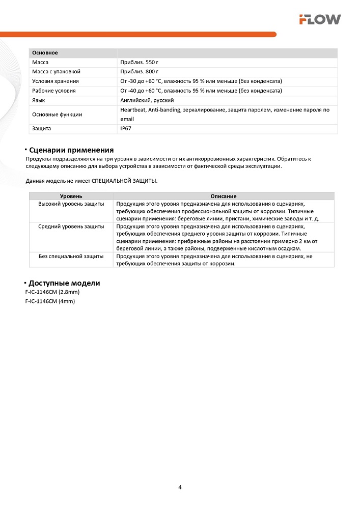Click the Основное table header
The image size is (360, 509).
click(x=45, y=53)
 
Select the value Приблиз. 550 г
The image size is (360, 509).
click(x=139, y=62)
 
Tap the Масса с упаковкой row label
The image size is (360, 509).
click(x=56, y=72)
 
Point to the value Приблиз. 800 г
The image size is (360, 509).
click(x=139, y=72)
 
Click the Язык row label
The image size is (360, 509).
click(x=39, y=100)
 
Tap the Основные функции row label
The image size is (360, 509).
click(x=57, y=115)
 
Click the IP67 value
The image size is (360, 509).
click(x=126, y=129)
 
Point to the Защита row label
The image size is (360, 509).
click(x=41, y=129)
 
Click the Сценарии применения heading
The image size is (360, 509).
click(x=71, y=150)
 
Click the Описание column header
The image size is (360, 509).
click(x=223, y=196)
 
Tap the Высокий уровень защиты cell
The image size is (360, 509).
click(x=71, y=204)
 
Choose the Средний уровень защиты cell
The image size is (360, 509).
click(x=71, y=226)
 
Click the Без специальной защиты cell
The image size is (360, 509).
click(x=71, y=256)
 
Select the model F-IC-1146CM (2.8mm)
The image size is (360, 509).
click(x=52, y=292)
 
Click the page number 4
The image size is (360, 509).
click(x=180, y=487)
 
